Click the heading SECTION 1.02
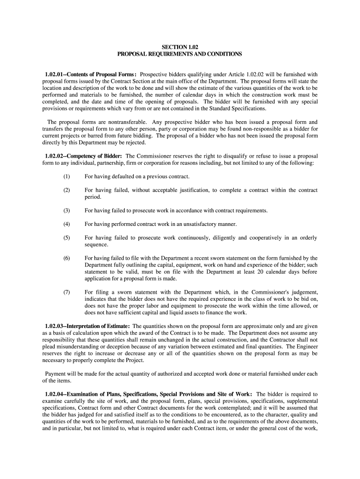[x=180, y=47]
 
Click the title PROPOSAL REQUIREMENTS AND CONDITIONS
[x=180, y=54]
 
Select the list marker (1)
[x=67, y=176]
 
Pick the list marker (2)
[x=67, y=190]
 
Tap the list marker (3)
[x=67, y=210]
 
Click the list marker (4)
[x=67, y=224]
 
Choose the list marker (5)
[x=67, y=238]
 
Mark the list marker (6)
[x=67, y=258]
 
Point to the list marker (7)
[x=67, y=292]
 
